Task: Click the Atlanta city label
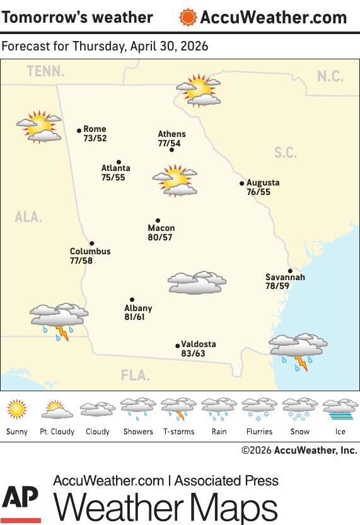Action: click(x=116, y=168)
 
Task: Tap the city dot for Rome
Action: click(x=79, y=131)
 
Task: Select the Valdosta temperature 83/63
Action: click(x=192, y=354)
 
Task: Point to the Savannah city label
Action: click(x=285, y=278)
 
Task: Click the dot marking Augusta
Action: click(x=242, y=184)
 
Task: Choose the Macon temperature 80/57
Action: click(x=160, y=238)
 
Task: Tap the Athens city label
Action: click(x=171, y=134)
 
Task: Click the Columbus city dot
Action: click(x=91, y=244)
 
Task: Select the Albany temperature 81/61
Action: click(x=134, y=317)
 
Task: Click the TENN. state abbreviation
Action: click(x=45, y=72)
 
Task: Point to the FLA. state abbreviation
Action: click(x=136, y=376)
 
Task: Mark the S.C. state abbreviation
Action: click(x=286, y=153)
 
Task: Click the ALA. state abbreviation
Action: click(x=28, y=218)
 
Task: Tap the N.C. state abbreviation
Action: click(x=330, y=77)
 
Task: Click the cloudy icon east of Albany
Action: click(x=197, y=283)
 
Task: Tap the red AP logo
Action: click(x=21, y=504)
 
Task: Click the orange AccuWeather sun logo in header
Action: click(x=188, y=18)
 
